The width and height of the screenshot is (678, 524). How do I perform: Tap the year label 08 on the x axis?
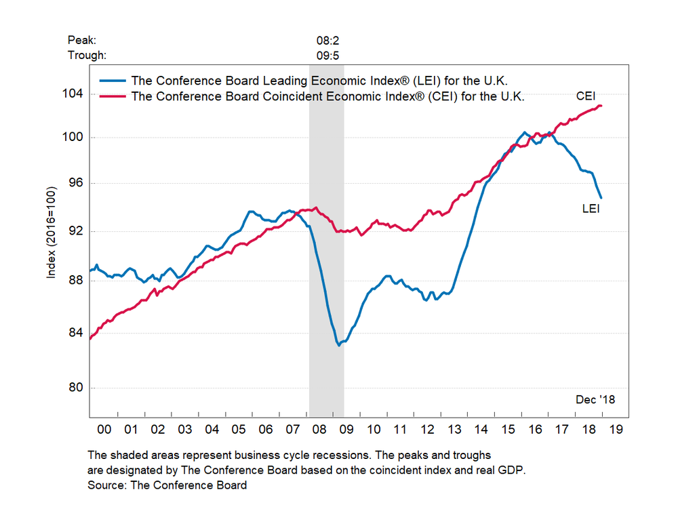tap(319, 429)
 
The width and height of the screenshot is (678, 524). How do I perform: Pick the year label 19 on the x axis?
tap(616, 429)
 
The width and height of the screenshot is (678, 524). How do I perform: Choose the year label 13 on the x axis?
tap(454, 429)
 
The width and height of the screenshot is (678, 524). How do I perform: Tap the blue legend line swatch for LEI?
tap(113, 80)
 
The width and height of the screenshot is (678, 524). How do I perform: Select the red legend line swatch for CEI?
tap(113, 96)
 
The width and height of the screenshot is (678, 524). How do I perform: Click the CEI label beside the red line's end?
tap(586, 96)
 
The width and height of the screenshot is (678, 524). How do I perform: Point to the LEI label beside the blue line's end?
tap(591, 209)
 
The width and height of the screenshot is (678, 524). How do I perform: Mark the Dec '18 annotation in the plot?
tap(595, 399)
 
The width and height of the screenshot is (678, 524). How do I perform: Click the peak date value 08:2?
tap(326, 41)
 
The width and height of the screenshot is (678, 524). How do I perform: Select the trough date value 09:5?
tap(326, 56)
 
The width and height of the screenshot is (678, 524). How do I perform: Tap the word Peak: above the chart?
tap(83, 41)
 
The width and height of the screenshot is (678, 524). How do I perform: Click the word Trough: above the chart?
tap(87, 56)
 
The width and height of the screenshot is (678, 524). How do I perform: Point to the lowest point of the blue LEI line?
tap(338, 345)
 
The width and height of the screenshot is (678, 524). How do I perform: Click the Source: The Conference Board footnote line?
tap(167, 485)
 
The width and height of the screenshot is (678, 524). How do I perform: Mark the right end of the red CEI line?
tap(602, 106)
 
